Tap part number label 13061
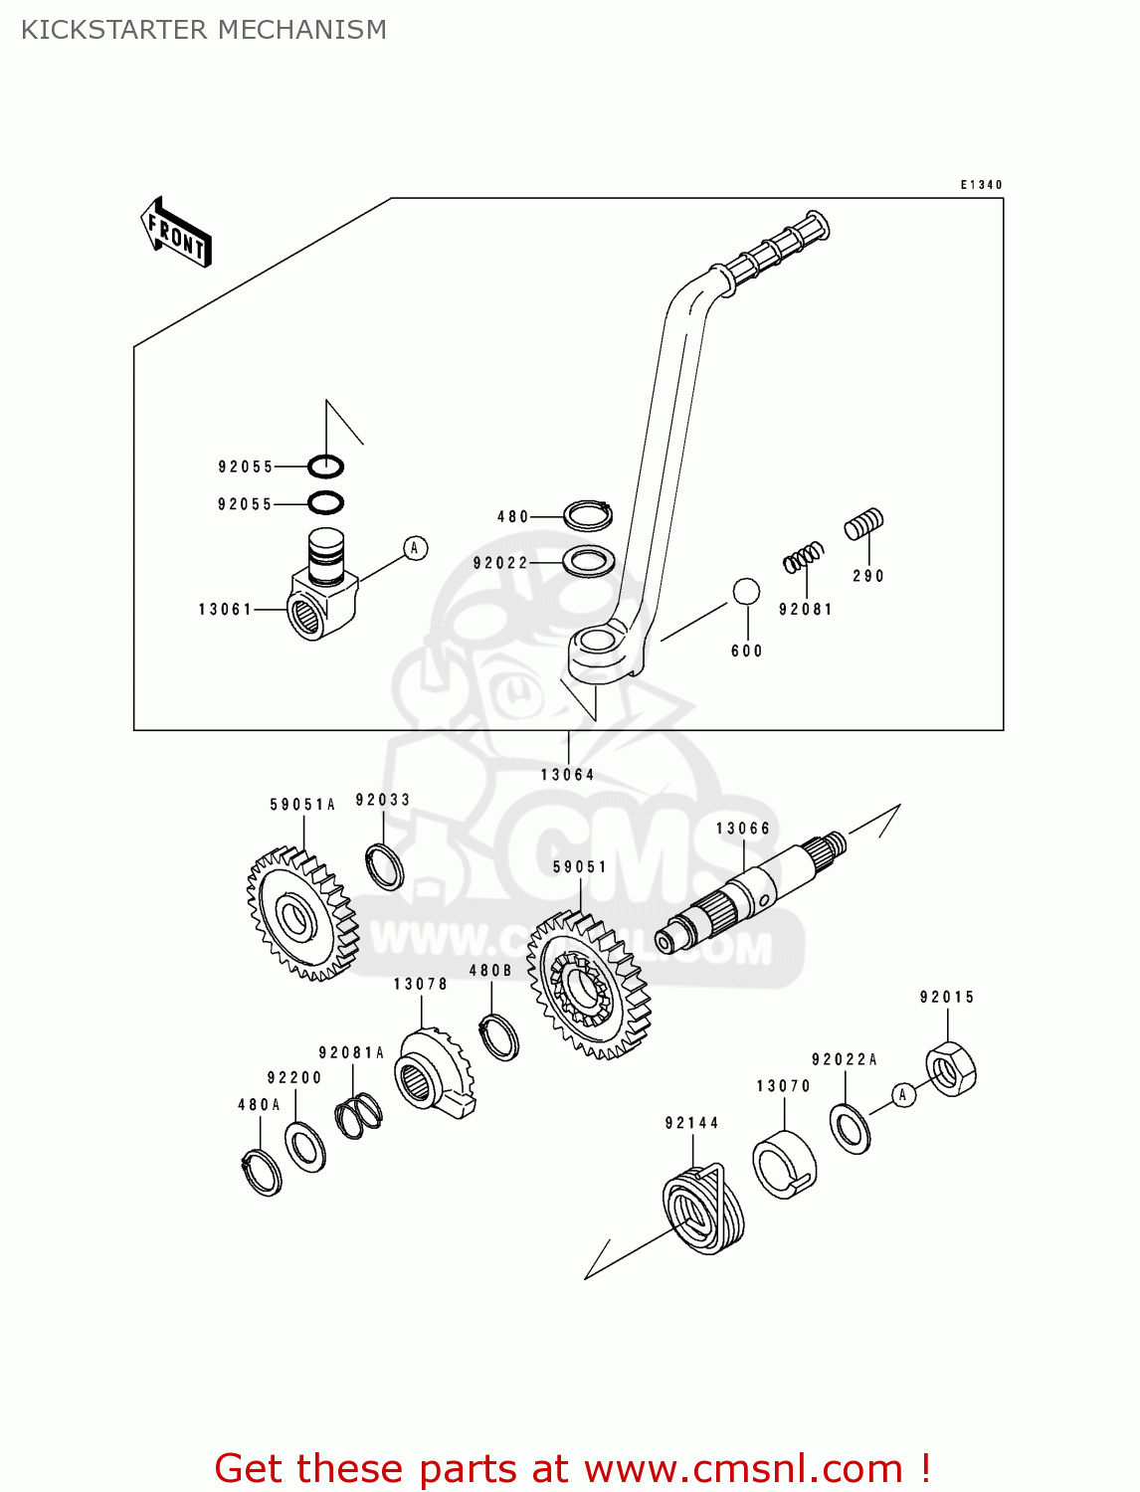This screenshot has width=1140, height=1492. [x=226, y=609]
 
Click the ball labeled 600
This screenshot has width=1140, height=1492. [x=746, y=592]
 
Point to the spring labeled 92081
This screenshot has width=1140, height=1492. [x=804, y=557]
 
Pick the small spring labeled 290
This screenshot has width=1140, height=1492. [x=863, y=523]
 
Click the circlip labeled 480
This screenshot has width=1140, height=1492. [x=588, y=514]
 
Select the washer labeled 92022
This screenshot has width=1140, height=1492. [x=588, y=561]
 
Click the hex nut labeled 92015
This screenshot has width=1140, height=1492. [x=951, y=1068]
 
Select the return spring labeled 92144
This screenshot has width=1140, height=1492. [x=704, y=1209]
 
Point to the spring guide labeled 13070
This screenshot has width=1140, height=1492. [x=784, y=1164]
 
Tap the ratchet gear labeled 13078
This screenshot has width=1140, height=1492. [x=434, y=1074]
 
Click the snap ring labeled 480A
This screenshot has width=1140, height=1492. [x=263, y=1172]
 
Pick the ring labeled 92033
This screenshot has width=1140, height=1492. [x=384, y=865]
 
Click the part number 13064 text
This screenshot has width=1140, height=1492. [x=567, y=775]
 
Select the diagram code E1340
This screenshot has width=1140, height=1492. [x=981, y=185]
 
